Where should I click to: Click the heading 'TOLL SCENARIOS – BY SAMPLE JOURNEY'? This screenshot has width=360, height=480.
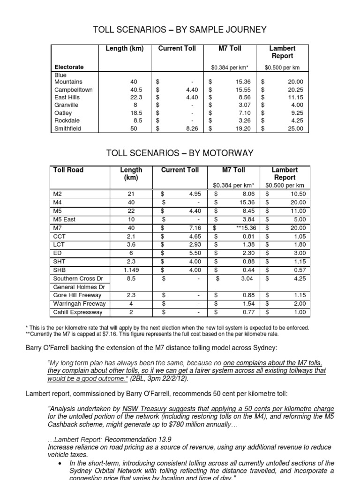180,30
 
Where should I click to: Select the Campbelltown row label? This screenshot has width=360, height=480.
74,90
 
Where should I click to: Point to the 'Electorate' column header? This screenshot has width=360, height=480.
69,67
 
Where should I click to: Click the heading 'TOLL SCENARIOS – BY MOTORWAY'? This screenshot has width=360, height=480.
180,153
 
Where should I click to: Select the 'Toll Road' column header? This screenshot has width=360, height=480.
68,170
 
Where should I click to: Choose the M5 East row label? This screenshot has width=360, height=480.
65,219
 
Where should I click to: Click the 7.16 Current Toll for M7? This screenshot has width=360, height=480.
194,228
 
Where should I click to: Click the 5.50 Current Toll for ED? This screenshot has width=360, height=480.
194,253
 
